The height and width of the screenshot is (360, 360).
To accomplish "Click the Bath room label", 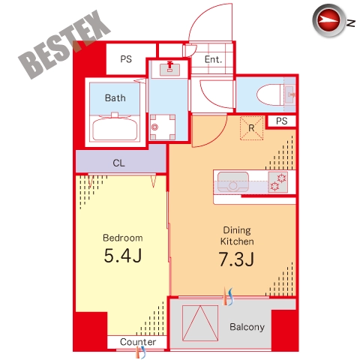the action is [x=115, y=97].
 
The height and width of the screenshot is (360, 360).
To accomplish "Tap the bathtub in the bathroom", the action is [x=115, y=127].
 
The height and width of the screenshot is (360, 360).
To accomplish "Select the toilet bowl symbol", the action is [x=270, y=94].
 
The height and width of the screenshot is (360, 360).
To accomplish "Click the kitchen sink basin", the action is [x=233, y=181].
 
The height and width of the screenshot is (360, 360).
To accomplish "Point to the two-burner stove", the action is [x=278, y=182].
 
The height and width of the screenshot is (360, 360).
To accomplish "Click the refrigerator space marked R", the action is [x=251, y=128].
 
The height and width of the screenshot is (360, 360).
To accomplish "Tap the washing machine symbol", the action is [x=163, y=127].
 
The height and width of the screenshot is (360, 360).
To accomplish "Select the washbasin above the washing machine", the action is [x=170, y=68].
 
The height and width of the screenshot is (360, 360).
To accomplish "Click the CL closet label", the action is [x=118, y=163].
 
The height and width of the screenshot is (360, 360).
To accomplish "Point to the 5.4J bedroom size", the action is [x=123, y=256].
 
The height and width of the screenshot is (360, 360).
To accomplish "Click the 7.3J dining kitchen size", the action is [x=236, y=259].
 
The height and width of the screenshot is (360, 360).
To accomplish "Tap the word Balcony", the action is [x=247, y=327].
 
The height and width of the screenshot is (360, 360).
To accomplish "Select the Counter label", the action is [x=138, y=342].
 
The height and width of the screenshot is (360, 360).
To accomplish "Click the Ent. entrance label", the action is [x=213, y=59].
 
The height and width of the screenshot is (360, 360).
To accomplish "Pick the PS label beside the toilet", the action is [x=282, y=121].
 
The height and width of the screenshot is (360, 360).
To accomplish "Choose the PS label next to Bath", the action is [x=126, y=59].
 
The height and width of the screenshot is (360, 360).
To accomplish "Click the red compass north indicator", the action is [x=328, y=20].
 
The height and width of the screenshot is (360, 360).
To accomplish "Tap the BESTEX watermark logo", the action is [x=64, y=45].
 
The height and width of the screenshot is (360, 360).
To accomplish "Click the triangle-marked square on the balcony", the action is [x=200, y=323].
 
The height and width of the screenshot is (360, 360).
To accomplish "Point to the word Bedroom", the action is [x=123, y=238].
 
